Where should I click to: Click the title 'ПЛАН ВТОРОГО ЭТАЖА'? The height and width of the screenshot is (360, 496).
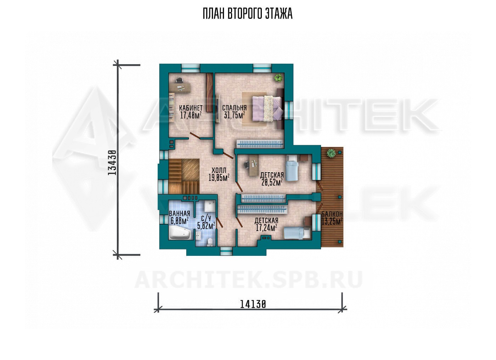(248, 14)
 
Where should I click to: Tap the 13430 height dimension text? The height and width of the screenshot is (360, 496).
(112, 163)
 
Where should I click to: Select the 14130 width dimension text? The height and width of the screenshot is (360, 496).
(253, 304)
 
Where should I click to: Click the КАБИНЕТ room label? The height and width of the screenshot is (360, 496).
(191, 108)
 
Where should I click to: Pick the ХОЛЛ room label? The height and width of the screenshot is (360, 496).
(219, 170)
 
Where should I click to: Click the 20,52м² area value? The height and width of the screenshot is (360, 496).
(272, 182)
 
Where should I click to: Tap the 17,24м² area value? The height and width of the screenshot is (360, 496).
(266, 228)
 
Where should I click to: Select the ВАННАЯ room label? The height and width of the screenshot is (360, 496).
(179, 213)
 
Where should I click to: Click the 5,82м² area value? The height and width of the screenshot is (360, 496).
(206, 226)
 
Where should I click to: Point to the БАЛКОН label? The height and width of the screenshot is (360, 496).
(332, 214)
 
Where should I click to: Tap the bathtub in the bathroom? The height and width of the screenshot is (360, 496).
(180, 233)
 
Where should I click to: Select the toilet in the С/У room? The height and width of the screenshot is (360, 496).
(209, 243)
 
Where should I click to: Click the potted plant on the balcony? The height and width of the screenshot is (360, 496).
(331, 153)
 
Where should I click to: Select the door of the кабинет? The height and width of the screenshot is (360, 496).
(195, 135)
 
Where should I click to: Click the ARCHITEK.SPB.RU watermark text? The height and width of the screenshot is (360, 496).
(248, 280)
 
